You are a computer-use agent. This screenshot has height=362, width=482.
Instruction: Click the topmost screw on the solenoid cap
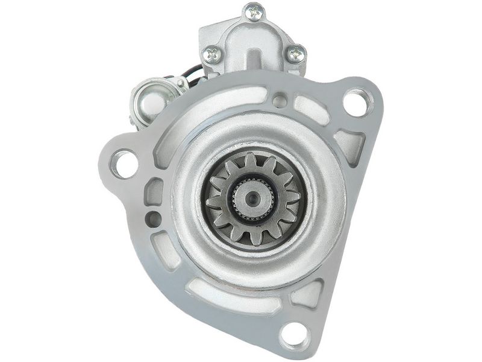254,11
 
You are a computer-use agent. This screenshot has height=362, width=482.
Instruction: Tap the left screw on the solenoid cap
212,55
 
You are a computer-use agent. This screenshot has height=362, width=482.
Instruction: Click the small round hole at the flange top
280,100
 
